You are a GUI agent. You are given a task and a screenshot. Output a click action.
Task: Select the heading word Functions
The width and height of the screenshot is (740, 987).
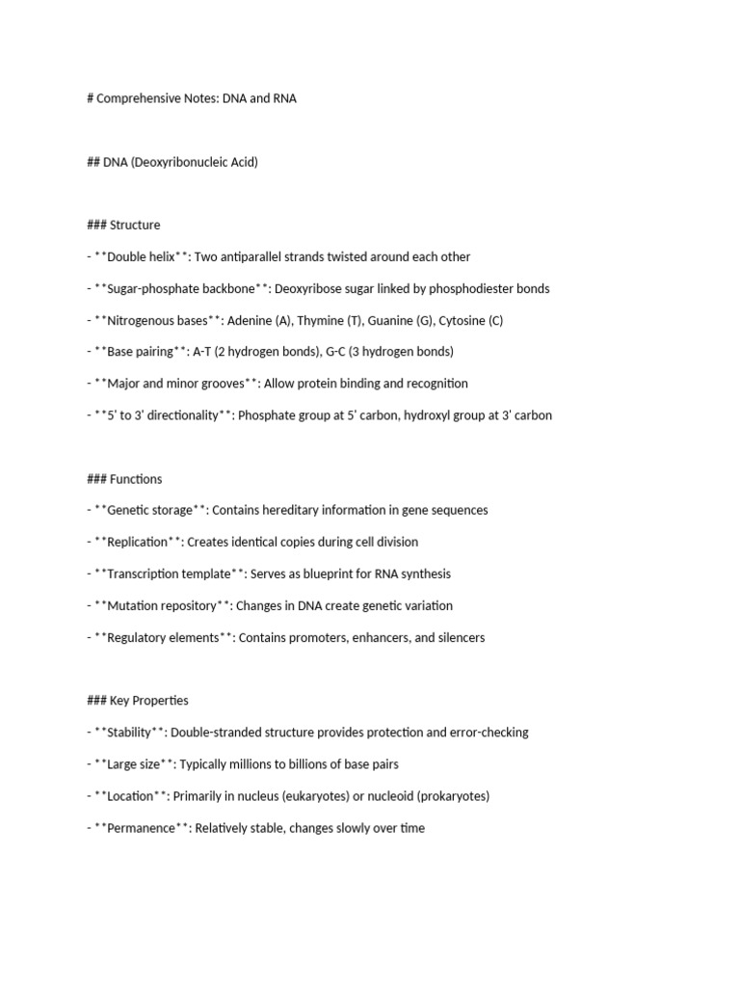[x=136, y=479]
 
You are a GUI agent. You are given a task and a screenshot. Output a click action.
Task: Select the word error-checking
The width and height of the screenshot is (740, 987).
[x=489, y=733]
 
